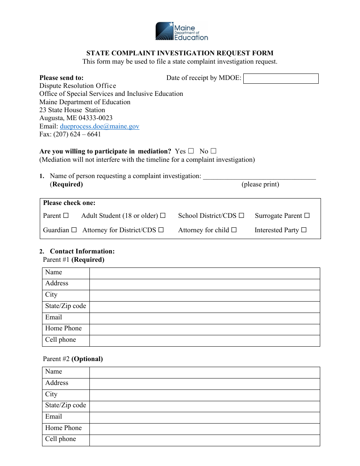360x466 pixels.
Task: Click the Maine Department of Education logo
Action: [182, 31]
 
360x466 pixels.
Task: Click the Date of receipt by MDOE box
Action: [280, 78]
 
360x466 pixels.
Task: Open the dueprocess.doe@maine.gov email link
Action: [100, 127]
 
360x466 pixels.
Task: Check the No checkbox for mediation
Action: [213, 151]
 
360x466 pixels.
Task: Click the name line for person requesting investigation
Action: [259, 176]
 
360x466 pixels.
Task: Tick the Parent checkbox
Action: [66, 216]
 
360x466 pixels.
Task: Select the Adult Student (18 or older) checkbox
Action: [163, 216]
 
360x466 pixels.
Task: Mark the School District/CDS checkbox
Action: [241, 216]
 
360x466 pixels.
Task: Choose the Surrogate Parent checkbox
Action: [307, 216]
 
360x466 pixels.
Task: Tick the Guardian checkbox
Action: [74, 230]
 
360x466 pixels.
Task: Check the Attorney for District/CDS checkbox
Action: [161, 230]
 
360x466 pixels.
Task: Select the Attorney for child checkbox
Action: [234, 230]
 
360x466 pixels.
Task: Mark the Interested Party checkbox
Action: [304, 230]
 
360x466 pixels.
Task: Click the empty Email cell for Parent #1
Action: [205, 318]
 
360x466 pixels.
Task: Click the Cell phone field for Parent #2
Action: [205, 440]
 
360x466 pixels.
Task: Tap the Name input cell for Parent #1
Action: [205, 273]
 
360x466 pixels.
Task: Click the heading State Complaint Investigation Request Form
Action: [180, 53]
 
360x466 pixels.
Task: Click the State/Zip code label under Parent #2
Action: [66, 405]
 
